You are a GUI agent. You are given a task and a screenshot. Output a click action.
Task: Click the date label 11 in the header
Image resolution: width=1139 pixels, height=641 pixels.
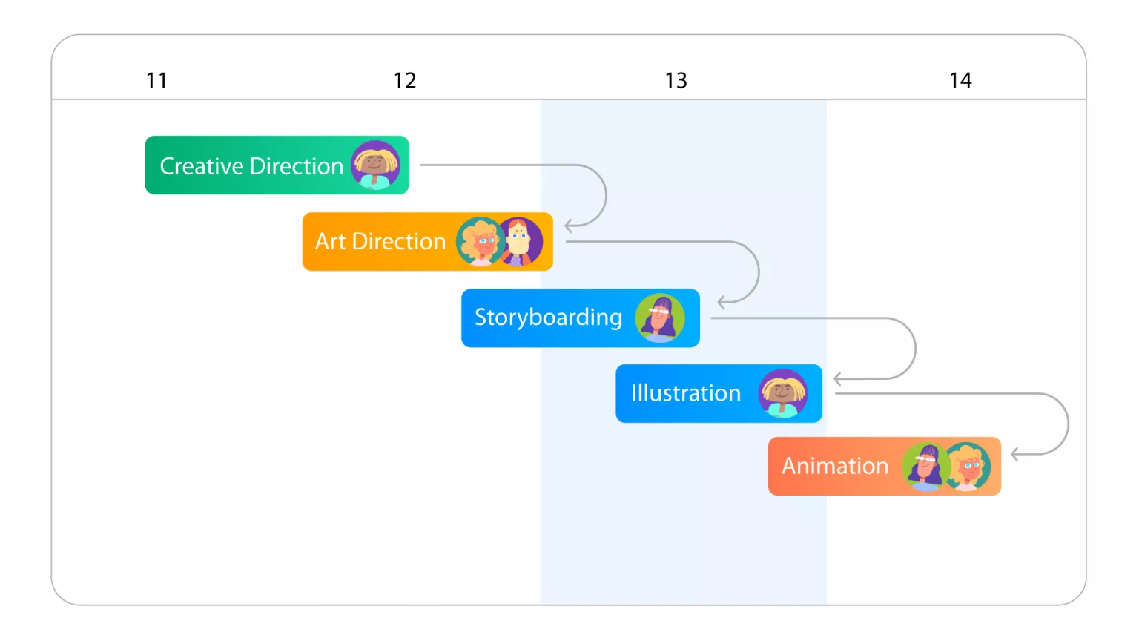[x=156, y=80]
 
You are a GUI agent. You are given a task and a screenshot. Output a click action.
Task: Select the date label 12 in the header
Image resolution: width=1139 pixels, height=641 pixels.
[x=405, y=80]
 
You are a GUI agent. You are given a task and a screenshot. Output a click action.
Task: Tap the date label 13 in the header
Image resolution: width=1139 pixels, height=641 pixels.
[x=676, y=80]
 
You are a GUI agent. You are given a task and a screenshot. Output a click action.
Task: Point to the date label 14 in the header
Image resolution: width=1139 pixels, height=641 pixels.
[x=960, y=80]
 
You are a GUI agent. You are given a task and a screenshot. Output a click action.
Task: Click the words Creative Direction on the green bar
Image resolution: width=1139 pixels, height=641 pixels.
[x=251, y=166]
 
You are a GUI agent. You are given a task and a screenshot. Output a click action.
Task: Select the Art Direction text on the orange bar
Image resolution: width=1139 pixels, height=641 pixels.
[x=380, y=242]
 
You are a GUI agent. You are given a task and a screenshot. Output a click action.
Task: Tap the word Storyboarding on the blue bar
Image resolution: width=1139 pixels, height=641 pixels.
[x=548, y=318]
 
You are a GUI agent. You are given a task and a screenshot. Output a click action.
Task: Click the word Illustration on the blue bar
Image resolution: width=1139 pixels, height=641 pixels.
[x=685, y=393]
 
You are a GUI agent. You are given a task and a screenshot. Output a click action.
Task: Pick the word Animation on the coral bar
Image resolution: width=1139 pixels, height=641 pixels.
[x=835, y=466]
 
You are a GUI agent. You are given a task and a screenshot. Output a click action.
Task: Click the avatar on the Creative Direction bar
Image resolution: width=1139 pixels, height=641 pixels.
[x=375, y=165]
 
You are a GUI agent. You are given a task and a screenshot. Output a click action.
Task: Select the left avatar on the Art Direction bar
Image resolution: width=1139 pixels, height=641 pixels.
[x=480, y=242]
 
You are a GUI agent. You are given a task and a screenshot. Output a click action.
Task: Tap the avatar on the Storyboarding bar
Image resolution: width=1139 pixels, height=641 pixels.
[x=659, y=318]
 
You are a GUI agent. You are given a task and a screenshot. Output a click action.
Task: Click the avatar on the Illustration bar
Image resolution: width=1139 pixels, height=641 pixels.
[x=782, y=393]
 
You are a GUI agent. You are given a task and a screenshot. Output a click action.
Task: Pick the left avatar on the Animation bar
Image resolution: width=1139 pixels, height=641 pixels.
[x=925, y=467]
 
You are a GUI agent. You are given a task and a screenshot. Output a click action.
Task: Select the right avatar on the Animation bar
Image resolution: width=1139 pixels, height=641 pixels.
[x=967, y=467]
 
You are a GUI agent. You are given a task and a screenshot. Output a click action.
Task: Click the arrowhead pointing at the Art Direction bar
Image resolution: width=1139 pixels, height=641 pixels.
[x=569, y=226]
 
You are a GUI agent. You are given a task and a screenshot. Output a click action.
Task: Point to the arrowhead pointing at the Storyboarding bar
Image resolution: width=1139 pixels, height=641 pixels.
[x=722, y=302]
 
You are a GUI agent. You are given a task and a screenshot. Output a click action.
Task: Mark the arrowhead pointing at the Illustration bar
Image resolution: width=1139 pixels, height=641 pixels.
[x=838, y=379]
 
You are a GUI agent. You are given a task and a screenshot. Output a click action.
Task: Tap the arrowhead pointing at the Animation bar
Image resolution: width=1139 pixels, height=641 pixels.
[x=1015, y=454]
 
